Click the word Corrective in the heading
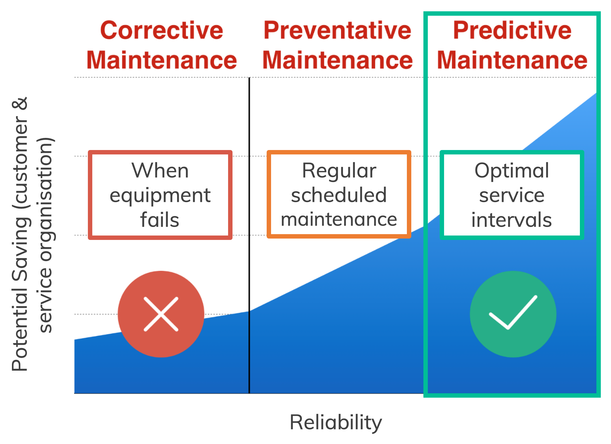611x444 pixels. click(162, 30)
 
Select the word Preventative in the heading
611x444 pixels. click(337, 30)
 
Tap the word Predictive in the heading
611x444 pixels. click(512, 30)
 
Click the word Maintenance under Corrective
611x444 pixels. click(162, 60)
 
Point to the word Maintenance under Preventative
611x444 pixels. click(337, 60)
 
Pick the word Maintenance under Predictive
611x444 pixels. click(512, 60)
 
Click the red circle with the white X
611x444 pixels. click(161, 314)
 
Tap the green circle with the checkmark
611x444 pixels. click(513, 314)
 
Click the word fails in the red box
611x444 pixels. click(160, 220)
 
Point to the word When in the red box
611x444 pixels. click(160, 170)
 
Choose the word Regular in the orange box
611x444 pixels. click(339, 171)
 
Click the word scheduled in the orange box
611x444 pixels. click(339, 195)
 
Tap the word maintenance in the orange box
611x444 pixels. click(339, 220)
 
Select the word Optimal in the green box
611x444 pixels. click(512, 171)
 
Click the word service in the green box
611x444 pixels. click(512, 195)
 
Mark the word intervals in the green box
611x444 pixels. click(512, 220)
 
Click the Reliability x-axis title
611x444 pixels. click(336, 422)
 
